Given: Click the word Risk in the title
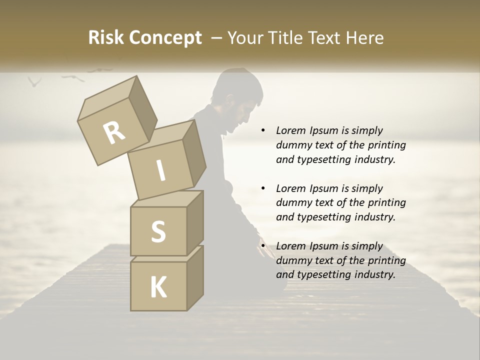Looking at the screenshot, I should (x=105, y=38).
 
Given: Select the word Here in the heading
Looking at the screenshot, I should (x=364, y=38).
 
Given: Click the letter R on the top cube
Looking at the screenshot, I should (x=114, y=132).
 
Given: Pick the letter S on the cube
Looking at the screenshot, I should (x=158, y=231).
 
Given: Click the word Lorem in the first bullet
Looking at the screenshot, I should (x=291, y=130).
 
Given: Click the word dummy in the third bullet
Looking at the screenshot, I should (x=294, y=260).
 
